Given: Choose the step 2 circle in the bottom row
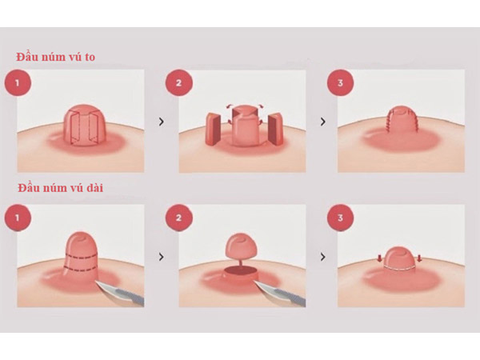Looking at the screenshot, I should pyautogui.click(x=177, y=215).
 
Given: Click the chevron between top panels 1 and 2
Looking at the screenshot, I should pyautogui.click(x=162, y=122).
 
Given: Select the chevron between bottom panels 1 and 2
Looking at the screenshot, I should pyautogui.click(x=162, y=258).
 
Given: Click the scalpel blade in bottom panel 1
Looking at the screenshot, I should pyautogui.click(x=120, y=294).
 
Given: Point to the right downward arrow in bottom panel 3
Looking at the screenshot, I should pyautogui.click(x=419, y=258).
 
